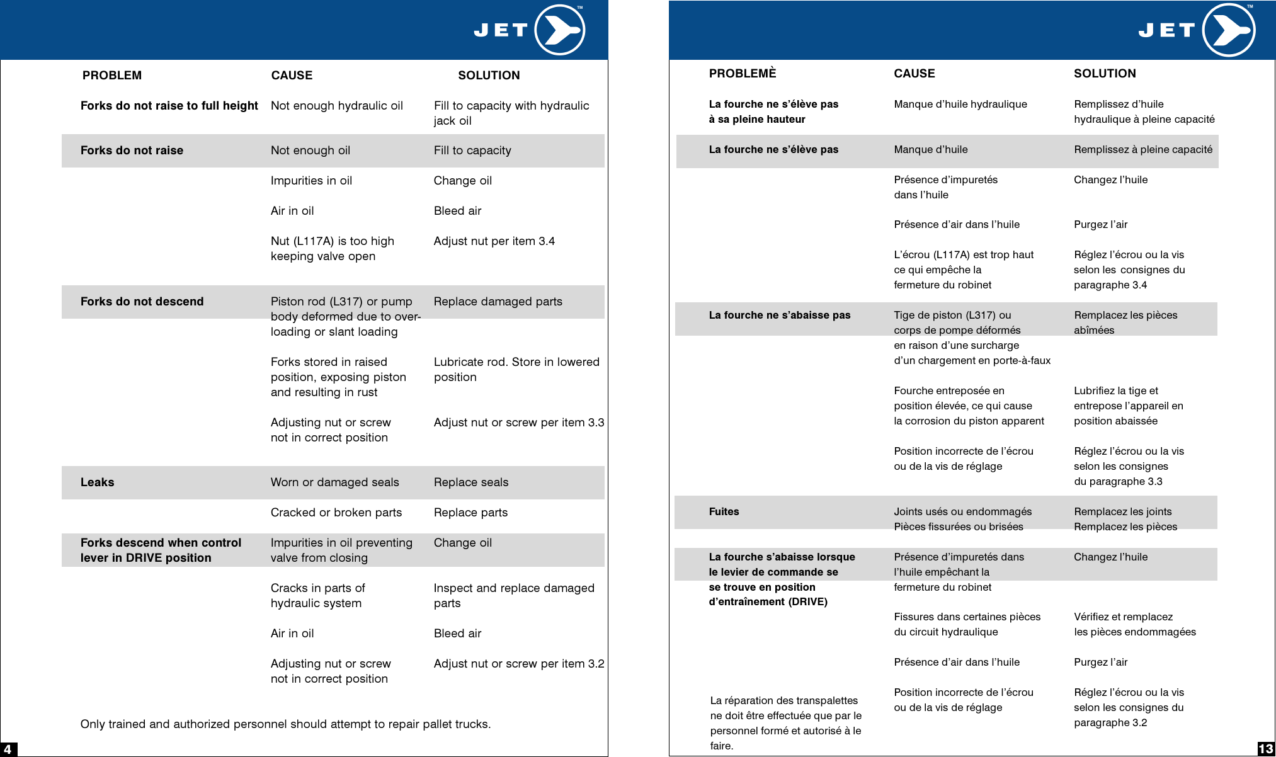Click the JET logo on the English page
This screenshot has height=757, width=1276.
529,30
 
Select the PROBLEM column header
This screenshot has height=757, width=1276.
112,76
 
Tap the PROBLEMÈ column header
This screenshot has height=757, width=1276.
743,74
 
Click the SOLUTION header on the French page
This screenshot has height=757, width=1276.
1105,74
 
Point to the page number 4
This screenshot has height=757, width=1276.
8,749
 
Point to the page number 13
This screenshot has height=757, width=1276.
1266,749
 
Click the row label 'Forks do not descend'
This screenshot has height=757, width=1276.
142,302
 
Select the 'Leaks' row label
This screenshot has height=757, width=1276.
97,482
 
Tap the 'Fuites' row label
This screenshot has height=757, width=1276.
724,512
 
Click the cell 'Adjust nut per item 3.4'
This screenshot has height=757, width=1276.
494,241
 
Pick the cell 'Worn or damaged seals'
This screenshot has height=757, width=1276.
334,482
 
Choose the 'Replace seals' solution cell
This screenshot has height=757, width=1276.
470,482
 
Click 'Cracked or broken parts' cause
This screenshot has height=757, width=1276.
336,513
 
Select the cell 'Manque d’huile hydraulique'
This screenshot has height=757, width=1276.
960,105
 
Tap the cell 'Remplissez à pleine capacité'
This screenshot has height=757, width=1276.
1142,150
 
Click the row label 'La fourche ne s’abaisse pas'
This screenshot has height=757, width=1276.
779,316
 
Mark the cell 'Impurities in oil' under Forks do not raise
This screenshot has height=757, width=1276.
311,181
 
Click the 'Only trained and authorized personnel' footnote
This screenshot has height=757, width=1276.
285,724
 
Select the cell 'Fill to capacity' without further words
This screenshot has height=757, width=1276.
472,151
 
